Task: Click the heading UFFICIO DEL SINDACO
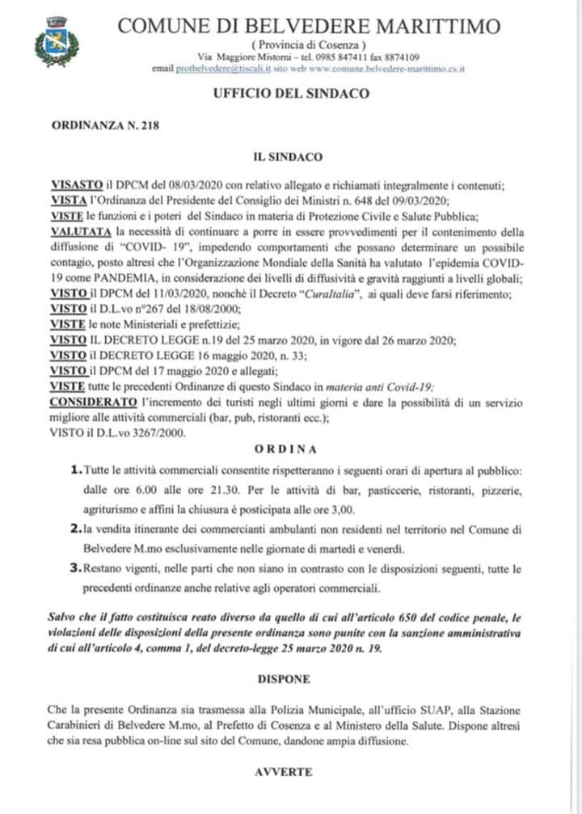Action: (291, 93)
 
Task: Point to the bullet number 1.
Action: (75, 470)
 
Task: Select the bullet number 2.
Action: (75, 529)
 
